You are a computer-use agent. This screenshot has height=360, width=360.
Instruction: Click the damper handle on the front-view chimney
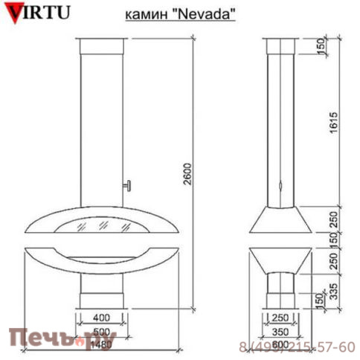[x=127, y=184]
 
